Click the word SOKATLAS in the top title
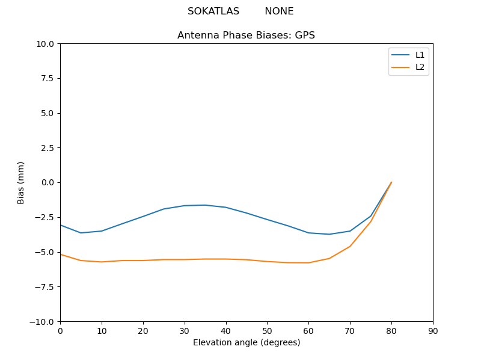tap(213, 11)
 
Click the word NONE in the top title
tap(279, 11)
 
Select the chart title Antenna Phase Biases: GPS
tap(246, 35)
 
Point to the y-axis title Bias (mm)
tap(21, 182)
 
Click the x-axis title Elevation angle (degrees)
tap(246, 342)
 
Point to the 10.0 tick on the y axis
tap(46, 44)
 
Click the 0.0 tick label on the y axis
tap(48, 182)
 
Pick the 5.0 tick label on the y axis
tap(48, 113)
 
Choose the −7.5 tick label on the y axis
tap(46, 286)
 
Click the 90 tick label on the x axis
tap(432, 330)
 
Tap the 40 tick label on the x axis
tap(225, 330)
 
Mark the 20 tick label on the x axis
tap(143, 330)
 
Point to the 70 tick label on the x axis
tap(350, 330)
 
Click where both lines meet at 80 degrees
tap(391, 182)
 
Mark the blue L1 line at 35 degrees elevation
tap(205, 205)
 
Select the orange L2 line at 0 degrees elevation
tap(61, 254)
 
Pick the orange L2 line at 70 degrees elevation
tap(350, 246)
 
